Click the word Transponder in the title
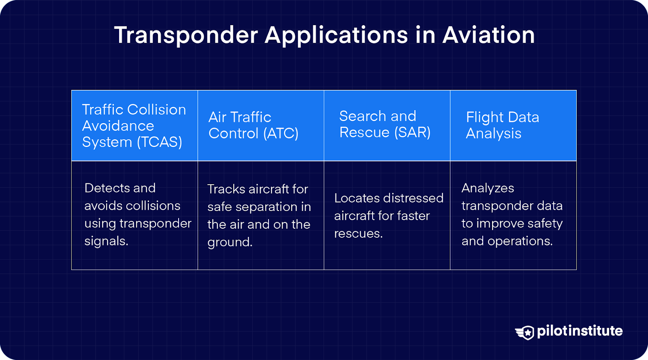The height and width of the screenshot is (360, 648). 186,35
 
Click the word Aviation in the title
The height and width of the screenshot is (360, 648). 488,35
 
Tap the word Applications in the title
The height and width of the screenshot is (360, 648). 336,35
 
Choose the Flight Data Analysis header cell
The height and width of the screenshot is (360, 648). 513,125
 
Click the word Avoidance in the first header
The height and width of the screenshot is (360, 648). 118,126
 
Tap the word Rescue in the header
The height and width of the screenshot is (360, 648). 364,132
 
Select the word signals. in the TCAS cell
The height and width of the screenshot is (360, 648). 106,241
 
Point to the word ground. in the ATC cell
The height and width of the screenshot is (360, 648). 230,242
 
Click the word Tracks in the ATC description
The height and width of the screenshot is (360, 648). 226,189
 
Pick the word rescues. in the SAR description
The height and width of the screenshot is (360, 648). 358,234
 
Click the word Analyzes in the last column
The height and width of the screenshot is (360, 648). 488,188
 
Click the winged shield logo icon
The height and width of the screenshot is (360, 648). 525,332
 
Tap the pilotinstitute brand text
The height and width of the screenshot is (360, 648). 580,331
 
